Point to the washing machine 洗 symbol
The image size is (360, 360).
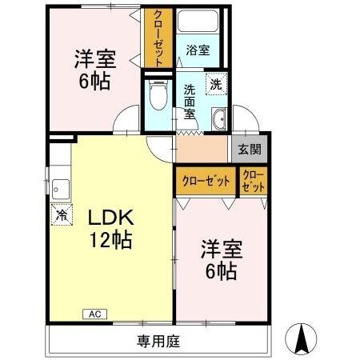216,83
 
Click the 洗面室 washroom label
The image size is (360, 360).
190,101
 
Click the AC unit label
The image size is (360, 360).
93,314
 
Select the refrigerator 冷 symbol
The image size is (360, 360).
62,214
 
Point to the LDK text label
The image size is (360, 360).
109,218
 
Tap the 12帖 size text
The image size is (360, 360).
110,239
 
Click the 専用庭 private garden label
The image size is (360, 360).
156,342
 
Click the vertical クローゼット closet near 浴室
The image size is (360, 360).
155,38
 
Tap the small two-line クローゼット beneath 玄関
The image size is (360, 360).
252,180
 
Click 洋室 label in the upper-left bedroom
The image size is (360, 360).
94,59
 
